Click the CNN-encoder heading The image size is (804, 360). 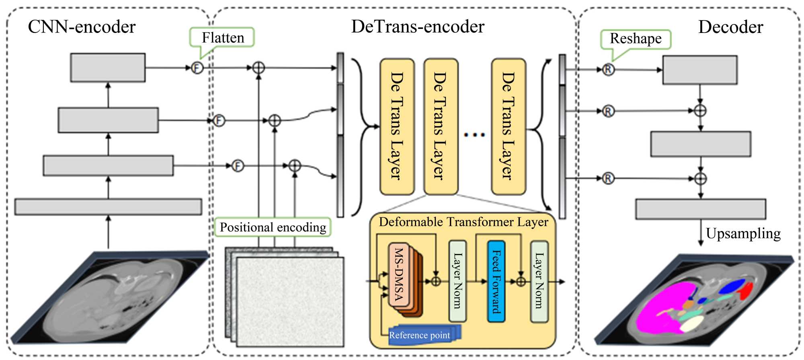[82, 27]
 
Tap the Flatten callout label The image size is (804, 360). [223, 38]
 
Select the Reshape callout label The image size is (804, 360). [636, 39]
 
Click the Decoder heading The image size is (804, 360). [730, 27]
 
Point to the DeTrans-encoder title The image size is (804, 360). [418, 27]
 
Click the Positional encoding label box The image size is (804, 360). [273, 227]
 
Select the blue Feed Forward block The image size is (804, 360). [496, 281]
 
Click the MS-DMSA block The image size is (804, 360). [399, 275]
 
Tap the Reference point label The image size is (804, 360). [419, 335]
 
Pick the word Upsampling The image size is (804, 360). [743, 233]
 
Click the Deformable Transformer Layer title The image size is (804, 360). [463, 222]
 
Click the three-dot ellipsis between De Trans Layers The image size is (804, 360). [474, 135]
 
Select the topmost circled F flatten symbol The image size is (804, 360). [197, 68]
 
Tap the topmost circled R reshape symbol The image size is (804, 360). [608, 70]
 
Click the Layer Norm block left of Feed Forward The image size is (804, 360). [457, 281]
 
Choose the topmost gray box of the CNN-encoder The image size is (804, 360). [108, 67]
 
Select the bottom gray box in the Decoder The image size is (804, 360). [700, 209]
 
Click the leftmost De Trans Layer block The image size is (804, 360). [397, 127]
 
